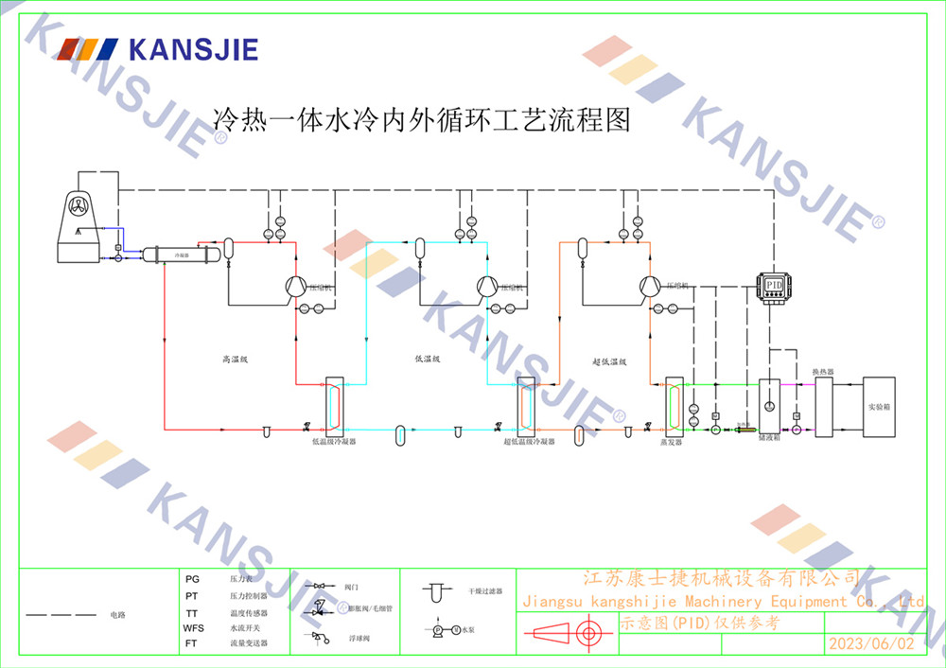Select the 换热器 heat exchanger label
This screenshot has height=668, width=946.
point(823,372)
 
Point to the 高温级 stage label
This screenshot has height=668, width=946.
point(234,360)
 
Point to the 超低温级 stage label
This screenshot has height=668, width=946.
point(610,360)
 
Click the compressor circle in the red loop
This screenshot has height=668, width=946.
point(295,286)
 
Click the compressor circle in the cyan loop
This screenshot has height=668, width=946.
point(486,286)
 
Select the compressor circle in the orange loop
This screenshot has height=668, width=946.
point(650,286)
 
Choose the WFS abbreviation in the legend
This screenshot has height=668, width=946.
point(193,627)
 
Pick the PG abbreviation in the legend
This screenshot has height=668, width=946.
point(192,578)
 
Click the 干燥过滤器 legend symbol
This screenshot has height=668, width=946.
point(436,593)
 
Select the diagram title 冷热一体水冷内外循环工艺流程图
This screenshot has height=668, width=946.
point(420,121)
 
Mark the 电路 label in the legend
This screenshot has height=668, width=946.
point(117,615)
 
